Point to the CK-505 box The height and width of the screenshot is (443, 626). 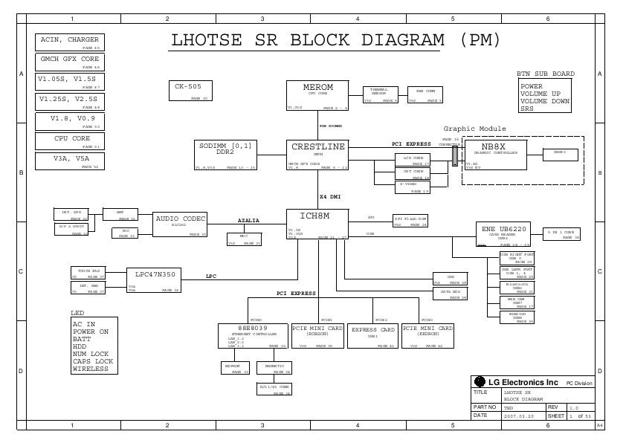[189, 91]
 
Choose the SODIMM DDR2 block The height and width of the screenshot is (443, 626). [226, 155]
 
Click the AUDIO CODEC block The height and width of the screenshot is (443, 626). [181, 224]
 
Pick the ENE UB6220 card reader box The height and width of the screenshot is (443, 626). [503, 233]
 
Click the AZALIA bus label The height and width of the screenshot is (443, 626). [248, 221]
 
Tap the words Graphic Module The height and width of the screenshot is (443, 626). [474, 129]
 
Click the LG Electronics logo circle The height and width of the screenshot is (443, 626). [480, 381]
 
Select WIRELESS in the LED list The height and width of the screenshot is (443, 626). [90, 369]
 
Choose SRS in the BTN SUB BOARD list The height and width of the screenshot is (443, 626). [527, 109]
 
